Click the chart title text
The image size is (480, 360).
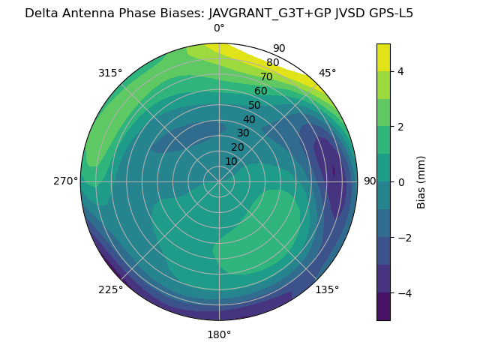point(219,13)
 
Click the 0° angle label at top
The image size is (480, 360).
point(219,28)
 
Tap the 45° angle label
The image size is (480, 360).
point(327,73)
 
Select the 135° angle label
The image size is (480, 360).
point(327,289)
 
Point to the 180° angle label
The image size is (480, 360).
point(219,334)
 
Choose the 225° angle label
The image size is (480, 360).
point(110,289)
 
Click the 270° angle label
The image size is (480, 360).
point(65,181)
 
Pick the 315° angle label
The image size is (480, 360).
point(110,73)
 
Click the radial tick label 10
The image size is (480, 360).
point(231,161)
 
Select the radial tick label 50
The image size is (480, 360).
point(255,105)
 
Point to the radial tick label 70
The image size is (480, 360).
point(266,76)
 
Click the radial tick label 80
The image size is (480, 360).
point(272,63)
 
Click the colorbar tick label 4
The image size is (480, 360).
point(401,71)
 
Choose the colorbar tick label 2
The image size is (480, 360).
point(401,127)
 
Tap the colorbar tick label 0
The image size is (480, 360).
point(401,182)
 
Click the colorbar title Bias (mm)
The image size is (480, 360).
point(421,182)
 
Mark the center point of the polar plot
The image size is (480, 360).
point(219,181)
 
